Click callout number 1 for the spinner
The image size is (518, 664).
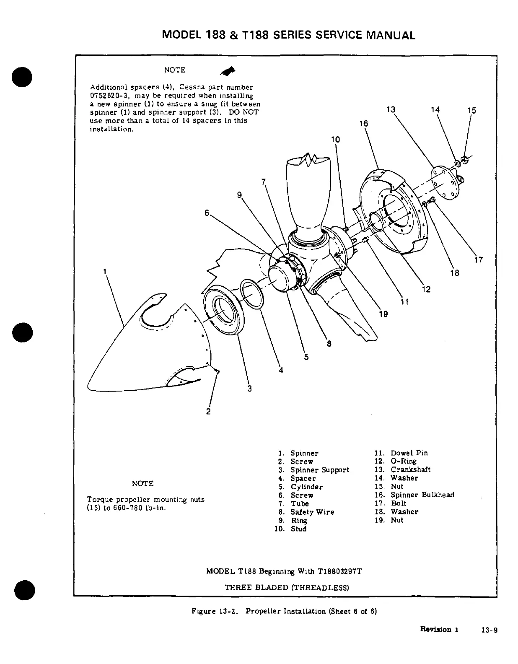point(104,272)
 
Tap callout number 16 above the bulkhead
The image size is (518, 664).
point(364,123)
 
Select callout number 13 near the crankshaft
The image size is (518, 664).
point(391,110)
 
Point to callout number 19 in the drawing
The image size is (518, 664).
point(383,314)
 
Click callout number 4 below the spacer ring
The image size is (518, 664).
point(281,370)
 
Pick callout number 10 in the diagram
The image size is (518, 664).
point(336,140)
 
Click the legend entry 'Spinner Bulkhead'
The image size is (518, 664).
point(422,495)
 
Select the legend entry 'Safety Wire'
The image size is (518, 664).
point(312,512)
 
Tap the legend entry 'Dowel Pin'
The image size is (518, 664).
point(409,453)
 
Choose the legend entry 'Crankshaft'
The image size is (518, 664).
point(410,469)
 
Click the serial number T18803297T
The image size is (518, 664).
point(339,571)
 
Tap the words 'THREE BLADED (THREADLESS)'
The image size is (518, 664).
point(287,587)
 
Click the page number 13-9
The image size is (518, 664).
point(490,629)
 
